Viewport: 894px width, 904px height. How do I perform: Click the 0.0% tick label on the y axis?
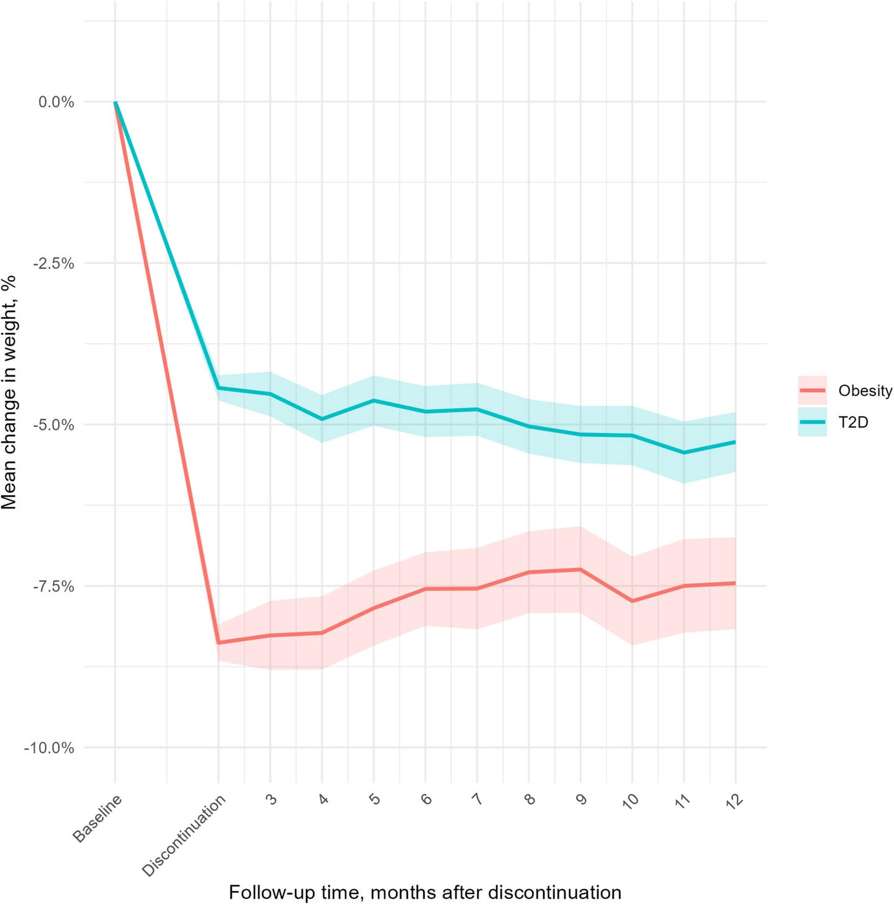point(56,102)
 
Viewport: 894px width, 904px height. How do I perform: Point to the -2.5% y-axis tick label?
point(53,264)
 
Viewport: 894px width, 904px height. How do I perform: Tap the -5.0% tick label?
point(53,425)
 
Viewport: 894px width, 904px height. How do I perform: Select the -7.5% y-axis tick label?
point(53,586)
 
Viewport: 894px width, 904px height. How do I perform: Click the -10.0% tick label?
point(49,748)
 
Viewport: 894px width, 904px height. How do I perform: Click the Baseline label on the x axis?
point(97,818)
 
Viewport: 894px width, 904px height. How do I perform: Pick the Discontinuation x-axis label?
point(184,836)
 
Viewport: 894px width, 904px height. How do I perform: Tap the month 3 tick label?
point(271,799)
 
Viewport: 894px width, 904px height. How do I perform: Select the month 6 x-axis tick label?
point(427,799)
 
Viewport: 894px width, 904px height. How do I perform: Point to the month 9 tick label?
point(581,799)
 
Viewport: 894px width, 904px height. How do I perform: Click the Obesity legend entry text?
point(865,391)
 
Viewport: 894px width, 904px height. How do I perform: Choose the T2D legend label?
point(853,423)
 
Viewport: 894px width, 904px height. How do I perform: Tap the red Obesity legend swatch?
point(812,390)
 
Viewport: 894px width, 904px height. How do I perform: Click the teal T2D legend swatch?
point(812,422)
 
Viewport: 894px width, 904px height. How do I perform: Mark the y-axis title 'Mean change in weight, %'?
point(9,392)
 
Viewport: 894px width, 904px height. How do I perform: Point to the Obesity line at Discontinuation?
point(219,643)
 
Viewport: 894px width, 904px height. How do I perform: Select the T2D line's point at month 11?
point(684,453)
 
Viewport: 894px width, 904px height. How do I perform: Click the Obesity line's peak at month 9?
point(581,570)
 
